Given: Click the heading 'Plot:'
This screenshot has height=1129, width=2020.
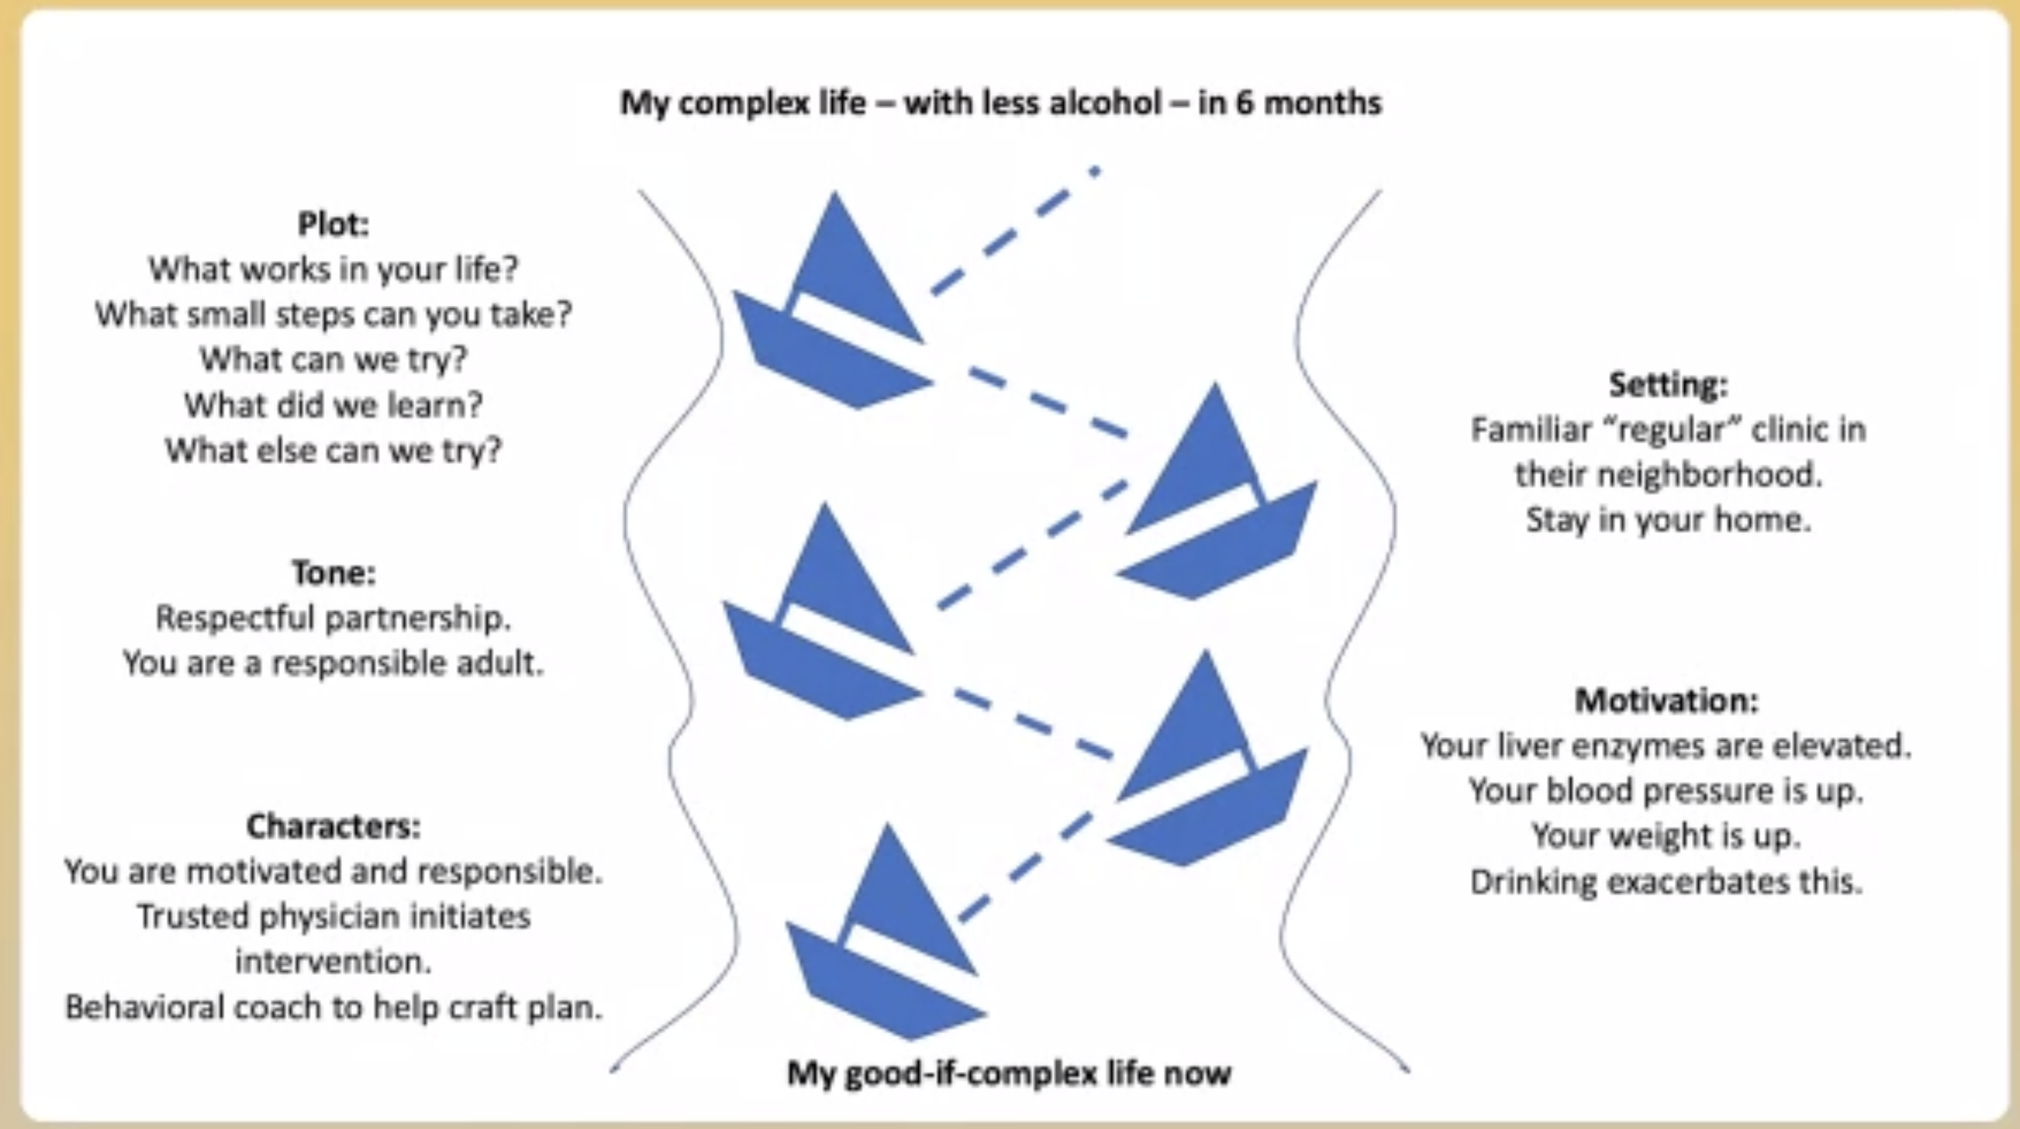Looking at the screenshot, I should click(x=334, y=224).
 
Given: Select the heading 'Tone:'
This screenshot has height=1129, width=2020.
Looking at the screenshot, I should click(x=334, y=572).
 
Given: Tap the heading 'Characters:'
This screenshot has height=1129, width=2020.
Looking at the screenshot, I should click(x=334, y=825).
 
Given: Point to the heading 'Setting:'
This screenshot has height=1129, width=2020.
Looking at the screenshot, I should click(x=1668, y=384).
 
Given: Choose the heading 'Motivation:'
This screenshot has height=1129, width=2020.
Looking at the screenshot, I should click(x=1667, y=700).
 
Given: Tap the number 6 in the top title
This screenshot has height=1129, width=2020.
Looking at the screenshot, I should click(x=1245, y=103).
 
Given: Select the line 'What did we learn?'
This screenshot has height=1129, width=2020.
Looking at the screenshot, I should click(x=334, y=404).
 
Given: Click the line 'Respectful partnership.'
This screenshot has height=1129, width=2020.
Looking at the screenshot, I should click(x=334, y=618).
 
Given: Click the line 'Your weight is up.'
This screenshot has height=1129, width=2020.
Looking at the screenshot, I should click(x=1666, y=836).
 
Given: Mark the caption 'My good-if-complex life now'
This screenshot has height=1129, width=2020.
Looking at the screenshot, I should click(x=1009, y=1072).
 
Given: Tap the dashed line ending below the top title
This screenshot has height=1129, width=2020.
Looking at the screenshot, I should click(x=1015, y=232).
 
